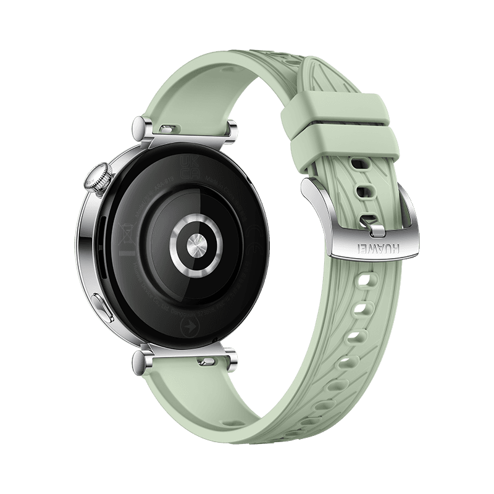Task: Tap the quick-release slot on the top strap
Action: tap(165, 128)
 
